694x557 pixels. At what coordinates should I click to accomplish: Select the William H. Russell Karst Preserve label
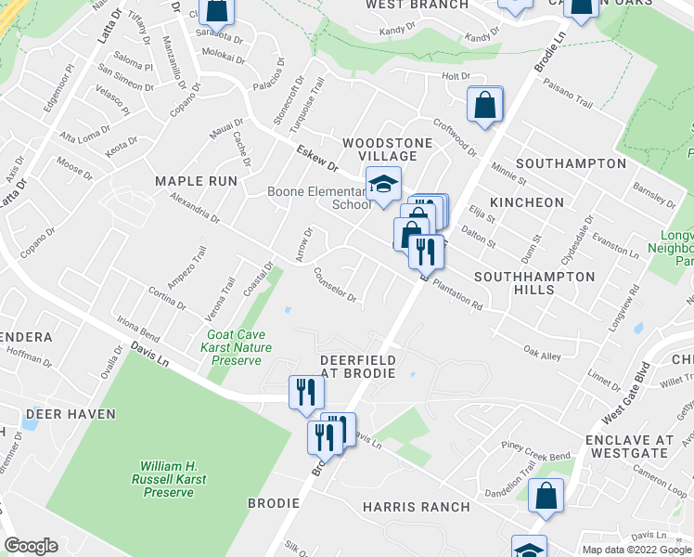[x=168, y=478]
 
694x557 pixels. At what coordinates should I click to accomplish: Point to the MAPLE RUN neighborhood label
[x=196, y=181]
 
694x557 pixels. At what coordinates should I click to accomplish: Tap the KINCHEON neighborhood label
[x=527, y=202]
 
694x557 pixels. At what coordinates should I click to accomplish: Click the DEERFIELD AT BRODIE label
[x=358, y=366]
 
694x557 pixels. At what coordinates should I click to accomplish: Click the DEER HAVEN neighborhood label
[x=71, y=414]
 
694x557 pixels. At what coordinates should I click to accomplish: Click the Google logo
[x=31, y=546]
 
